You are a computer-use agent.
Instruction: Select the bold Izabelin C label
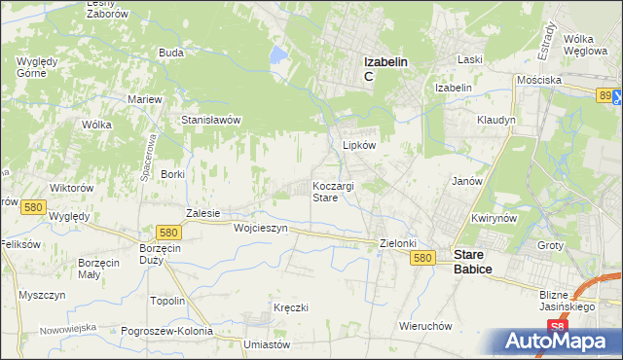tap(385, 68)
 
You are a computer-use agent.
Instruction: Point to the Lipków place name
tap(359, 144)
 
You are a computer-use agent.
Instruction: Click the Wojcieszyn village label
tap(261, 228)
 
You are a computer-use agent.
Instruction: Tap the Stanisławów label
tap(211, 120)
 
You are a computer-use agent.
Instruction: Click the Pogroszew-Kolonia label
tap(166, 331)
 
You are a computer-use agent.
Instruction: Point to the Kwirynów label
tap(492, 219)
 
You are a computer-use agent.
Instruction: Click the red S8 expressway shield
tap(556, 328)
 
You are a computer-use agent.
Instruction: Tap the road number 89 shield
tap(606, 94)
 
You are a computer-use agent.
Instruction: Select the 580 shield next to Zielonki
tap(421, 258)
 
